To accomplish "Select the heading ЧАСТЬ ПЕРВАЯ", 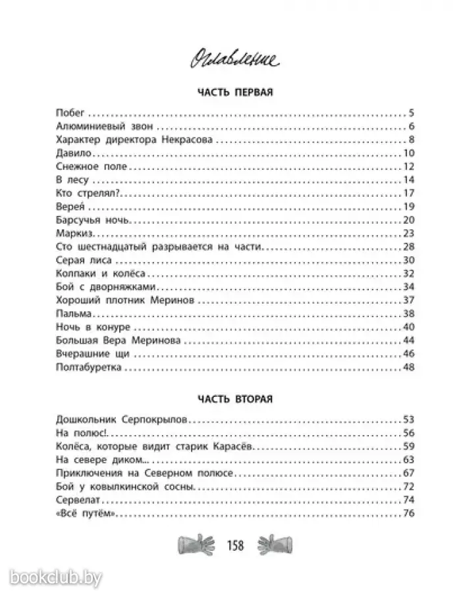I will pos(230,92).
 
